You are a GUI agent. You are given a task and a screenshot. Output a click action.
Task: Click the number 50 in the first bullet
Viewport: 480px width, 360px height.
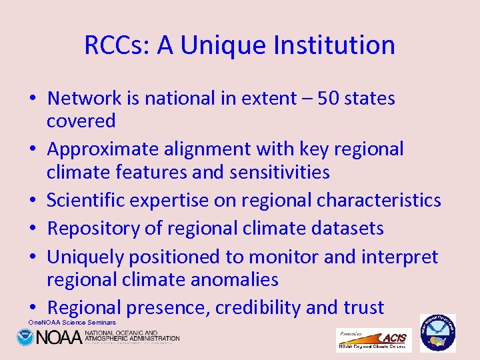(322, 99)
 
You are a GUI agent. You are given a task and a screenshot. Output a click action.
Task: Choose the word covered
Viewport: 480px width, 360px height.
(81, 121)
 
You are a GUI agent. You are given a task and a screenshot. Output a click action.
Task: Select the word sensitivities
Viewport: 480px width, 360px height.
(279, 172)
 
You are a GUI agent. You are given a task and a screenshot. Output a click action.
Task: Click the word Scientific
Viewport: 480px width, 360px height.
(89, 200)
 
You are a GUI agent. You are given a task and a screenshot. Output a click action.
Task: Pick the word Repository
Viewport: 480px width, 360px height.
(93, 229)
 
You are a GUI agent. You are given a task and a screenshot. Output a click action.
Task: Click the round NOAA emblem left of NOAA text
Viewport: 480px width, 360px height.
(25, 337)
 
